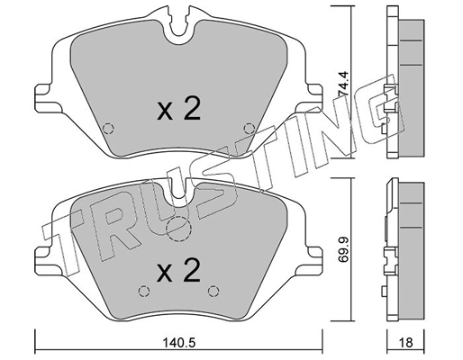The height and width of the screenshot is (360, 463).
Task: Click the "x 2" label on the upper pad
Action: (x=177, y=110)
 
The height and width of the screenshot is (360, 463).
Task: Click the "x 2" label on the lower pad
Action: (x=177, y=270)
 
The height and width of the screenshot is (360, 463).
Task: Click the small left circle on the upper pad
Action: (x=108, y=126)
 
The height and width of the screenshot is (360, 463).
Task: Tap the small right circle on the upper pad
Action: (x=250, y=126)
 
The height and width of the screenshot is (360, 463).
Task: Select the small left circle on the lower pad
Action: (x=141, y=290)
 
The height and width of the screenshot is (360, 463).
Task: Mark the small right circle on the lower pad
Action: (x=214, y=290)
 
